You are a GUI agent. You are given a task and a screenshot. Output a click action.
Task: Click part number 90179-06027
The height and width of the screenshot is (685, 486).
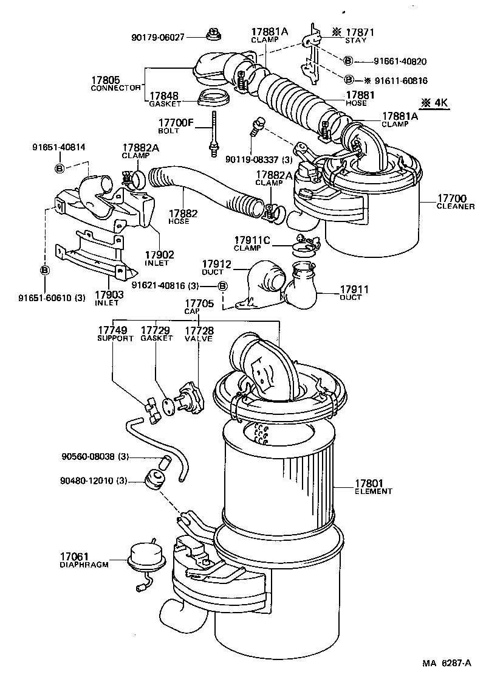(x=159, y=37)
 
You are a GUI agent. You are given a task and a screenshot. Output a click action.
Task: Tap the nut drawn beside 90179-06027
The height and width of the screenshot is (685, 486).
(x=213, y=34)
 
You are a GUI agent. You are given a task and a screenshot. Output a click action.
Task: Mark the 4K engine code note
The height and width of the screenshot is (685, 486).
(x=435, y=103)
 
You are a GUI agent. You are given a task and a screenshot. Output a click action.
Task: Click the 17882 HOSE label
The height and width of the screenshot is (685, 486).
(x=180, y=217)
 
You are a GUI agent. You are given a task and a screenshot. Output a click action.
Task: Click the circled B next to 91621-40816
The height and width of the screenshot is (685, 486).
(x=222, y=286)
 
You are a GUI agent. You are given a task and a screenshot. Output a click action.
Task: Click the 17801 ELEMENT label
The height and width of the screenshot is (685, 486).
(x=374, y=487)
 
